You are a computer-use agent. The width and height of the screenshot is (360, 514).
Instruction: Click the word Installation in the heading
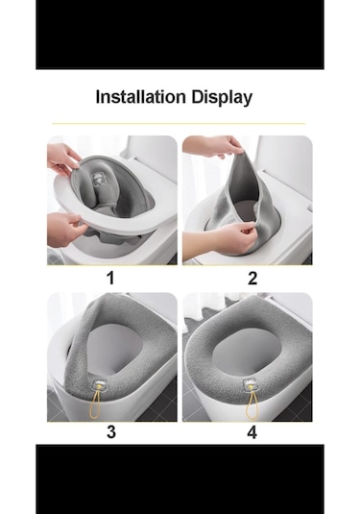tap(140, 97)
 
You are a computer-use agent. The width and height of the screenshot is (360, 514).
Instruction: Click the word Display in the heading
tap(222, 98)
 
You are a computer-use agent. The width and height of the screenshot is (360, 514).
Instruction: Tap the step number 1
tap(110, 278)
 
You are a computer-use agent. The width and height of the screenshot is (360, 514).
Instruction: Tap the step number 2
tap(252, 278)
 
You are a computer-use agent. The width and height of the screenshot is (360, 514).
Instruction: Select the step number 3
tap(111, 431)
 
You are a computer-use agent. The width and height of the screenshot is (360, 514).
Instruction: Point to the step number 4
tap(252, 432)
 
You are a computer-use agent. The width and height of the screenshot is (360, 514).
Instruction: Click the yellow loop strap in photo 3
tap(95, 404)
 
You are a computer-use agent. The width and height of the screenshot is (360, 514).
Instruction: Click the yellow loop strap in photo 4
tap(252, 404)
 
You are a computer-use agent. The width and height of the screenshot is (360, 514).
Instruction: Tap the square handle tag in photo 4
tap(258, 385)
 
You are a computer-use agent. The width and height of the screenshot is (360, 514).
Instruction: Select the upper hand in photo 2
tap(213, 146)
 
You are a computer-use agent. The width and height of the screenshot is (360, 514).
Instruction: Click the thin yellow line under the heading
tap(179, 124)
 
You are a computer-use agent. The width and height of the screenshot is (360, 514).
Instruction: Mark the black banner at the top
tap(180, 35)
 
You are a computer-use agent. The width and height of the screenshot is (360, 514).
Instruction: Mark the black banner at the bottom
tap(180, 479)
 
